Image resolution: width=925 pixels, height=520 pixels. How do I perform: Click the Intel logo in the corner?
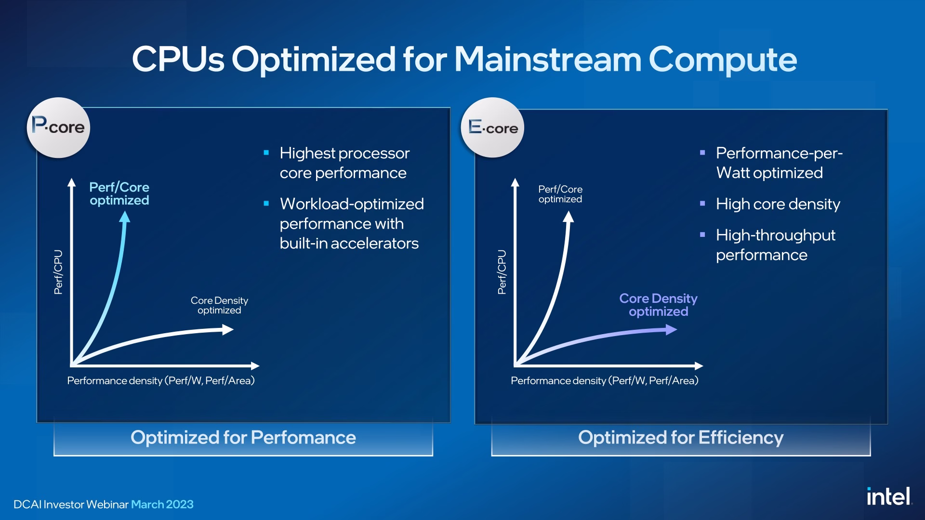tap(889, 496)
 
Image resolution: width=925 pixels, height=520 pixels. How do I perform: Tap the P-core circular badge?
tap(58, 128)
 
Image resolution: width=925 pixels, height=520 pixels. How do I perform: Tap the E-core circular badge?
tap(492, 128)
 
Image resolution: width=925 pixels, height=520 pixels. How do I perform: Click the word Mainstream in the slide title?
tap(548, 59)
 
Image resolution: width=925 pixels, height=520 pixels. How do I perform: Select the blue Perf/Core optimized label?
tap(119, 194)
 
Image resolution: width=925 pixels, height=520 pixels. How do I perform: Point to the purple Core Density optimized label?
tap(658, 305)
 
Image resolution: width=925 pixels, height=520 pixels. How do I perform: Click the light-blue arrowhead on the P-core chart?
tap(125, 217)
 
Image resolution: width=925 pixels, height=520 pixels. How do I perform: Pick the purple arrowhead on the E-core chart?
tap(671, 329)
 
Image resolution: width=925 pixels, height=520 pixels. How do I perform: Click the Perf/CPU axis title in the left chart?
tap(58, 272)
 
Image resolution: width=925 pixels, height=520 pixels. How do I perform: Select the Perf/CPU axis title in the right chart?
tap(502, 272)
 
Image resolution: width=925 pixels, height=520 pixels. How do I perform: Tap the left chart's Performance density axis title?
tap(161, 381)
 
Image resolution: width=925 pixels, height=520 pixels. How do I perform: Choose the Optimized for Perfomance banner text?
tap(243, 438)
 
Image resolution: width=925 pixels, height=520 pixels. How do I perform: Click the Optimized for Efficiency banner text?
tap(681, 438)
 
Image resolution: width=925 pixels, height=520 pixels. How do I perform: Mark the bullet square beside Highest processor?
tap(266, 153)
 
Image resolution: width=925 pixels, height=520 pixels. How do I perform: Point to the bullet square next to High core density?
tap(702, 204)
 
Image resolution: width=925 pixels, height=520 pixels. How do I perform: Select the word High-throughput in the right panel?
tap(776, 235)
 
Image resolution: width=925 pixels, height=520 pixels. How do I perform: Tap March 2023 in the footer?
tap(162, 505)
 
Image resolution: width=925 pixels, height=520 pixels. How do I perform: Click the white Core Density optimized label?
tap(219, 305)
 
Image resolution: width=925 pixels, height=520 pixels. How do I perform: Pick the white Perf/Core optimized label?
tap(560, 194)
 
